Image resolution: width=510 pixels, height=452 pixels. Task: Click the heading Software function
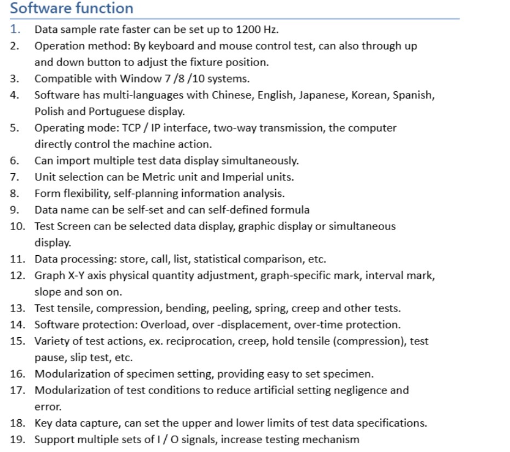[x=72, y=9]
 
